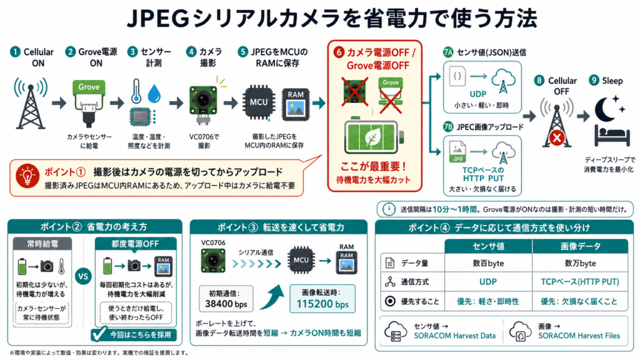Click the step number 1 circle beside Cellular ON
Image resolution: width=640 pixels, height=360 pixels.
15,52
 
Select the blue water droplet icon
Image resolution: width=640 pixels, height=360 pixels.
154,94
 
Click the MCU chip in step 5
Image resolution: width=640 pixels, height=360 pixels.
259,102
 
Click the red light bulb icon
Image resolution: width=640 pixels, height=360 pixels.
27,176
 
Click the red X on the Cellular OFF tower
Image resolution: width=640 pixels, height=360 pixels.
557,137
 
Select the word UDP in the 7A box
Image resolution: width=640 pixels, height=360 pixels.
477,94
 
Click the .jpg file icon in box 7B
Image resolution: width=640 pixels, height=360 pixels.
457,152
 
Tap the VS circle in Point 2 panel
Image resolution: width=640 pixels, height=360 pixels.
83,276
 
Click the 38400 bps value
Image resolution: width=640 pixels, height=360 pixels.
226,304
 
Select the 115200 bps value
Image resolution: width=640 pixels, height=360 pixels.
322,304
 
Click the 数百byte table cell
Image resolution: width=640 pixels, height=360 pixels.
488,263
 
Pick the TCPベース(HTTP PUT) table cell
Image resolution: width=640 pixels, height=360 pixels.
579,282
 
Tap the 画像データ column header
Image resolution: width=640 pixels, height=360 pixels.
580,246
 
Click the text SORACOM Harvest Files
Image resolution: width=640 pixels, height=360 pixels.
579,336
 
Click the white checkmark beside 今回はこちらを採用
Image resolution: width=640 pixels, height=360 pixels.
99,334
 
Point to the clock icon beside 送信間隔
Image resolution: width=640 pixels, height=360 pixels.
389,209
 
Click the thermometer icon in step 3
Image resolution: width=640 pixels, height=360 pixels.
136,91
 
